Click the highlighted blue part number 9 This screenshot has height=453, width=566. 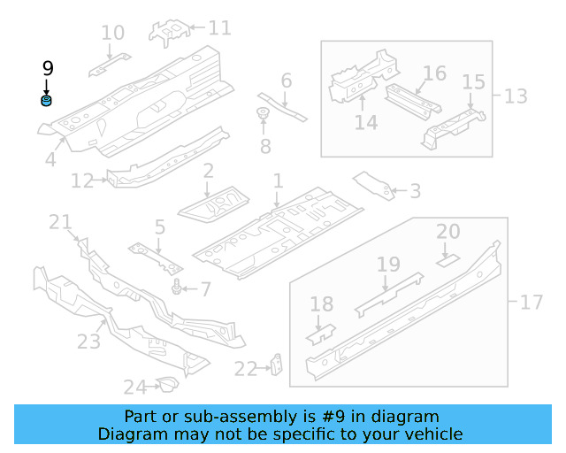coord(47,101)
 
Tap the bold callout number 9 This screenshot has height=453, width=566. coord(48,68)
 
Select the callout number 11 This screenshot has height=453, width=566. coord(219,28)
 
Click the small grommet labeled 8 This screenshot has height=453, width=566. coord(263,113)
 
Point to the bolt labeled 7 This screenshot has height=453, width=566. coord(178,288)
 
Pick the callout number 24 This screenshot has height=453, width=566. coord(134,387)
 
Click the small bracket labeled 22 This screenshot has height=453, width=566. coord(276,364)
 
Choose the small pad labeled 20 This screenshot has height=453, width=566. coord(447,260)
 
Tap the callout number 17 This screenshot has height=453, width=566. coord(531,303)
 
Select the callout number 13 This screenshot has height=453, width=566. coord(515,96)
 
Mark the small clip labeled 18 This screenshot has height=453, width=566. coord(321,333)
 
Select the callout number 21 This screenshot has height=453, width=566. coord(60,222)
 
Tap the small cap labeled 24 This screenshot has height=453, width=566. coord(164,383)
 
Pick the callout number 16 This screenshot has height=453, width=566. coord(434,73)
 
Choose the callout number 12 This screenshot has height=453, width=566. coord(82,181)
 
